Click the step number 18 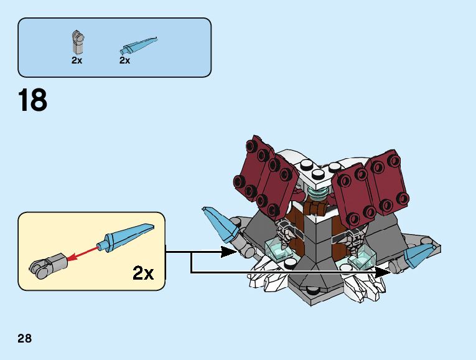point(33,101)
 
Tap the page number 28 point(25,339)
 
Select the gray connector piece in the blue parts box point(77,42)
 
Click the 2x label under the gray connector point(77,60)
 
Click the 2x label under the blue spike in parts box point(124,60)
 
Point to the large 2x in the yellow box point(142,272)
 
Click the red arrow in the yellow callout point(85,252)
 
